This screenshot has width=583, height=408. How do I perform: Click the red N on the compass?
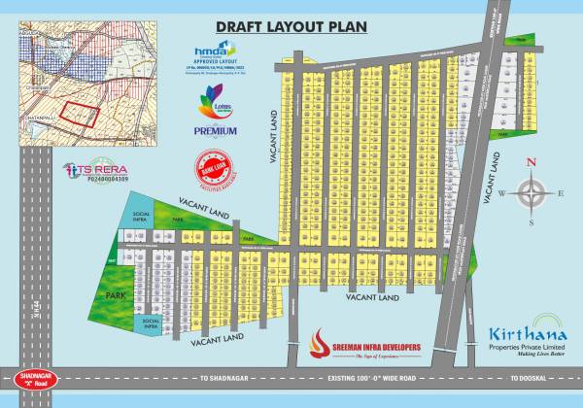(x=531, y=163)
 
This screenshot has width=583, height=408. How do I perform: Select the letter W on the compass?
(x=501, y=193)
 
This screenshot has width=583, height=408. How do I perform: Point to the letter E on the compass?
(x=561, y=193)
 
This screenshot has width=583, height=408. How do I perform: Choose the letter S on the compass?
(x=532, y=223)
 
